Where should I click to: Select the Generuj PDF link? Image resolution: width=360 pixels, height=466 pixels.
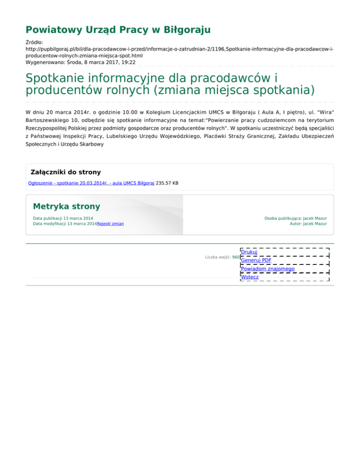click(x=256, y=260)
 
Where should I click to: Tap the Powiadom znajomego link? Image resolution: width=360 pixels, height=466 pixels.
click(x=267, y=269)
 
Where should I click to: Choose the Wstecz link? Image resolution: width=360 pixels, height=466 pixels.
click(x=249, y=277)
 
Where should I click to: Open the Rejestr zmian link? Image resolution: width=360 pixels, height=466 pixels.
click(x=111, y=224)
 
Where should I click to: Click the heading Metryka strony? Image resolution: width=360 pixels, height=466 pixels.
click(x=67, y=206)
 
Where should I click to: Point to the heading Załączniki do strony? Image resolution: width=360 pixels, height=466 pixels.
click(x=65, y=172)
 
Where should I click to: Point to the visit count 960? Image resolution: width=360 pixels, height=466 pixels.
click(x=236, y=257)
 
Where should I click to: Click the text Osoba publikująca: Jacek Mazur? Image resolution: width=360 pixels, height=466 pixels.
click(x=295, y=218)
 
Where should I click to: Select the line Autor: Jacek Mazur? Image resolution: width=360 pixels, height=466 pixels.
click(x=308, y=224)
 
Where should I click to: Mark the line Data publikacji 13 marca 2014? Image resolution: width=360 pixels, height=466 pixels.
click(x=63, y=218)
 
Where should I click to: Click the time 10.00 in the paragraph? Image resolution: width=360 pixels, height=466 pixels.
click(x=120, y=113)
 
